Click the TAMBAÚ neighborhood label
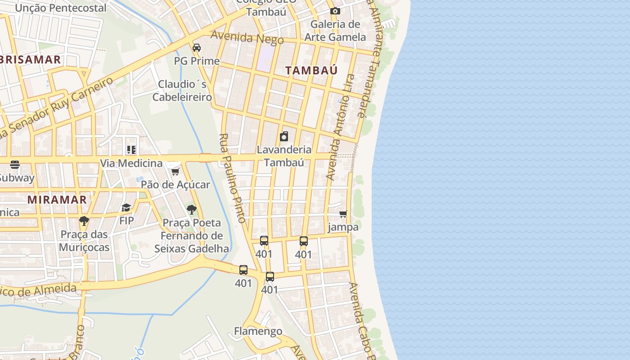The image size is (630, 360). [311, 70]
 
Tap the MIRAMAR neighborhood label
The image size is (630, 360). [57, 199]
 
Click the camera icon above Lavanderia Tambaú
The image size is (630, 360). [284, 136]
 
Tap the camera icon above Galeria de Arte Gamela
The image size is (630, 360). [335, 11]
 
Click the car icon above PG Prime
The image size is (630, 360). [197, 48]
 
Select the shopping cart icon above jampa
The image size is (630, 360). [343, 214]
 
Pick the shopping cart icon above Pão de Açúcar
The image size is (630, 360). [175, 171]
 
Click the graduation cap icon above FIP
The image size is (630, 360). [126, 207]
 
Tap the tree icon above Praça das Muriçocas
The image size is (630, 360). [84, 221]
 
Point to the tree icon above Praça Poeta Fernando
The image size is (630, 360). [192, 209]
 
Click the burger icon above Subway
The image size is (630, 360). [15, 165]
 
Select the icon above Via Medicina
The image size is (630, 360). [131, 150]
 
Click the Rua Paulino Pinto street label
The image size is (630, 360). [233, 178]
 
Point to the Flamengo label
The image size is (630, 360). [258, 331]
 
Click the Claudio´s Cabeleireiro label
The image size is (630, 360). [182, 90]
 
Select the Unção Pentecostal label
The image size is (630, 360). [61, 8]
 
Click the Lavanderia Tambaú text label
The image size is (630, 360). [284, 156]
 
